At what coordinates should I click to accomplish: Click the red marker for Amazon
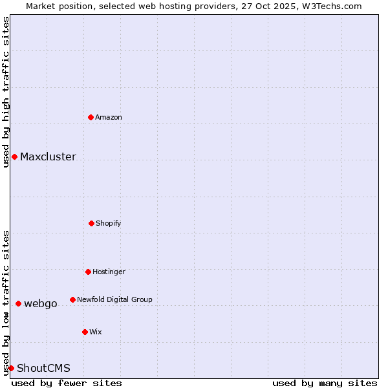(91, 117)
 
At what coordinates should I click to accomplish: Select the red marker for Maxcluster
(14, 156)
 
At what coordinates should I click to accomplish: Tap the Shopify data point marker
(91, 223)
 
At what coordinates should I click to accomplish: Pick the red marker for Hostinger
(88, 272)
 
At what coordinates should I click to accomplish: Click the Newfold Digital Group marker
(72, 299)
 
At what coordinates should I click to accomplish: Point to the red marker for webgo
(18, 303)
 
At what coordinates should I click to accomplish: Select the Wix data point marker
(85, 332)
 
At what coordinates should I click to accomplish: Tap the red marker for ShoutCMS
(11, 368)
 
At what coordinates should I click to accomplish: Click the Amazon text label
(109, 117)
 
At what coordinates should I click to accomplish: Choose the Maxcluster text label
(48, 156)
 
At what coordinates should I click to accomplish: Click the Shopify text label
(109, 223)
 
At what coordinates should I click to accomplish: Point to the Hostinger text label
(109, 272)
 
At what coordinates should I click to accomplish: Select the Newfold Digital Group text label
(114, 299)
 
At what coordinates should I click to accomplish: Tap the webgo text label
(41, 303)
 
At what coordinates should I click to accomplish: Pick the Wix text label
(96, 332)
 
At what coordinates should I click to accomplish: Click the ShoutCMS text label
(43, 368)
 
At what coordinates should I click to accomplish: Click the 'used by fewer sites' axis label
(67, 383)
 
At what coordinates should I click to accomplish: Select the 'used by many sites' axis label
(325, 383)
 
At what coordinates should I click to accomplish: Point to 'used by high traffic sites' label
(6, 92)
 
